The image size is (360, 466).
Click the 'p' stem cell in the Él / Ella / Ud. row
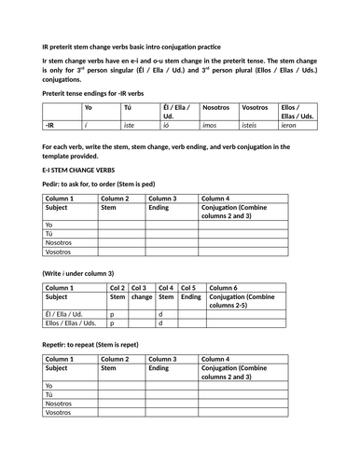tap(112, 313)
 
